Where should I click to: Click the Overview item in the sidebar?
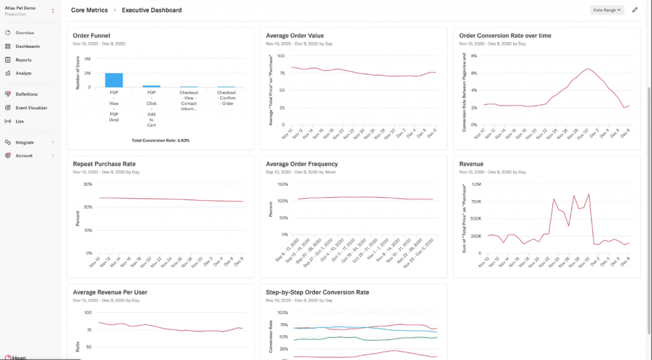[x=25, y=32]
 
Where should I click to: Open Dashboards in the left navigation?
[x=27, y=47]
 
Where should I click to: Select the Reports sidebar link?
[x=24, y=60]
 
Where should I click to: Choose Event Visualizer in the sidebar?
[x=31, y=108]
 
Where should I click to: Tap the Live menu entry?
[x=20, y=121]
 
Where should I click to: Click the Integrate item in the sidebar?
[x=25, y=142]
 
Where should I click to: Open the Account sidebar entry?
[x=24, y=155]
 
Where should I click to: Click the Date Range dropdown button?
[x=607, y=10]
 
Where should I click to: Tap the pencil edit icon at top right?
[x=634, y=10]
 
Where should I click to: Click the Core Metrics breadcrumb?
[x=89, y=10]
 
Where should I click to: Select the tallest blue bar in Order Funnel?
[x=114, y=80]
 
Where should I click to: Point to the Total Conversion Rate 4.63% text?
[x=160, y=140]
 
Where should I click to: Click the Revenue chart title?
[x=471, y=164]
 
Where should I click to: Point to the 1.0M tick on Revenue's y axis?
[x=475, y=184]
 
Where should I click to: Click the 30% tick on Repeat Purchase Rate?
[x=88, y=184]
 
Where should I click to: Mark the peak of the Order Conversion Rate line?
[x=588, y=68]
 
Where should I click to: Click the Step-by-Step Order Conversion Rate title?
[x=317, y=292]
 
